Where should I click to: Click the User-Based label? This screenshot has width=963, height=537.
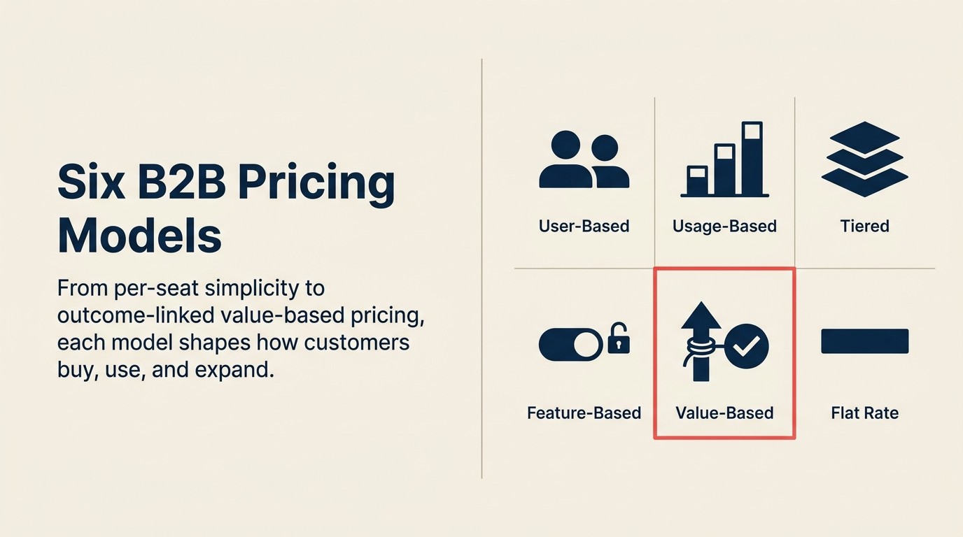pos(584,227)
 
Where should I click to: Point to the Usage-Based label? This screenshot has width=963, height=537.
pos(724,227)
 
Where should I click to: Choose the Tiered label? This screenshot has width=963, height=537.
pos(864,227)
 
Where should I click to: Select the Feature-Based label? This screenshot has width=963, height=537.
pos(584,413)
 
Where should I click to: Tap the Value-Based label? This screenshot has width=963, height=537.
pos(724,413)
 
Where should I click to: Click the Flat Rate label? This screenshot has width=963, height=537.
pos(864,413)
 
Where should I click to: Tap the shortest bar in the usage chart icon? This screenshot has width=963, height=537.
pos(696,180)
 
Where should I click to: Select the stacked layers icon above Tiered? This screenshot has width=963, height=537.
pos(864,157)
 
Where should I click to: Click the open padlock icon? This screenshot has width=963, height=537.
pos(619,341)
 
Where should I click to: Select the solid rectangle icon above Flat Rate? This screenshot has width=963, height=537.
pos(864,341)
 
